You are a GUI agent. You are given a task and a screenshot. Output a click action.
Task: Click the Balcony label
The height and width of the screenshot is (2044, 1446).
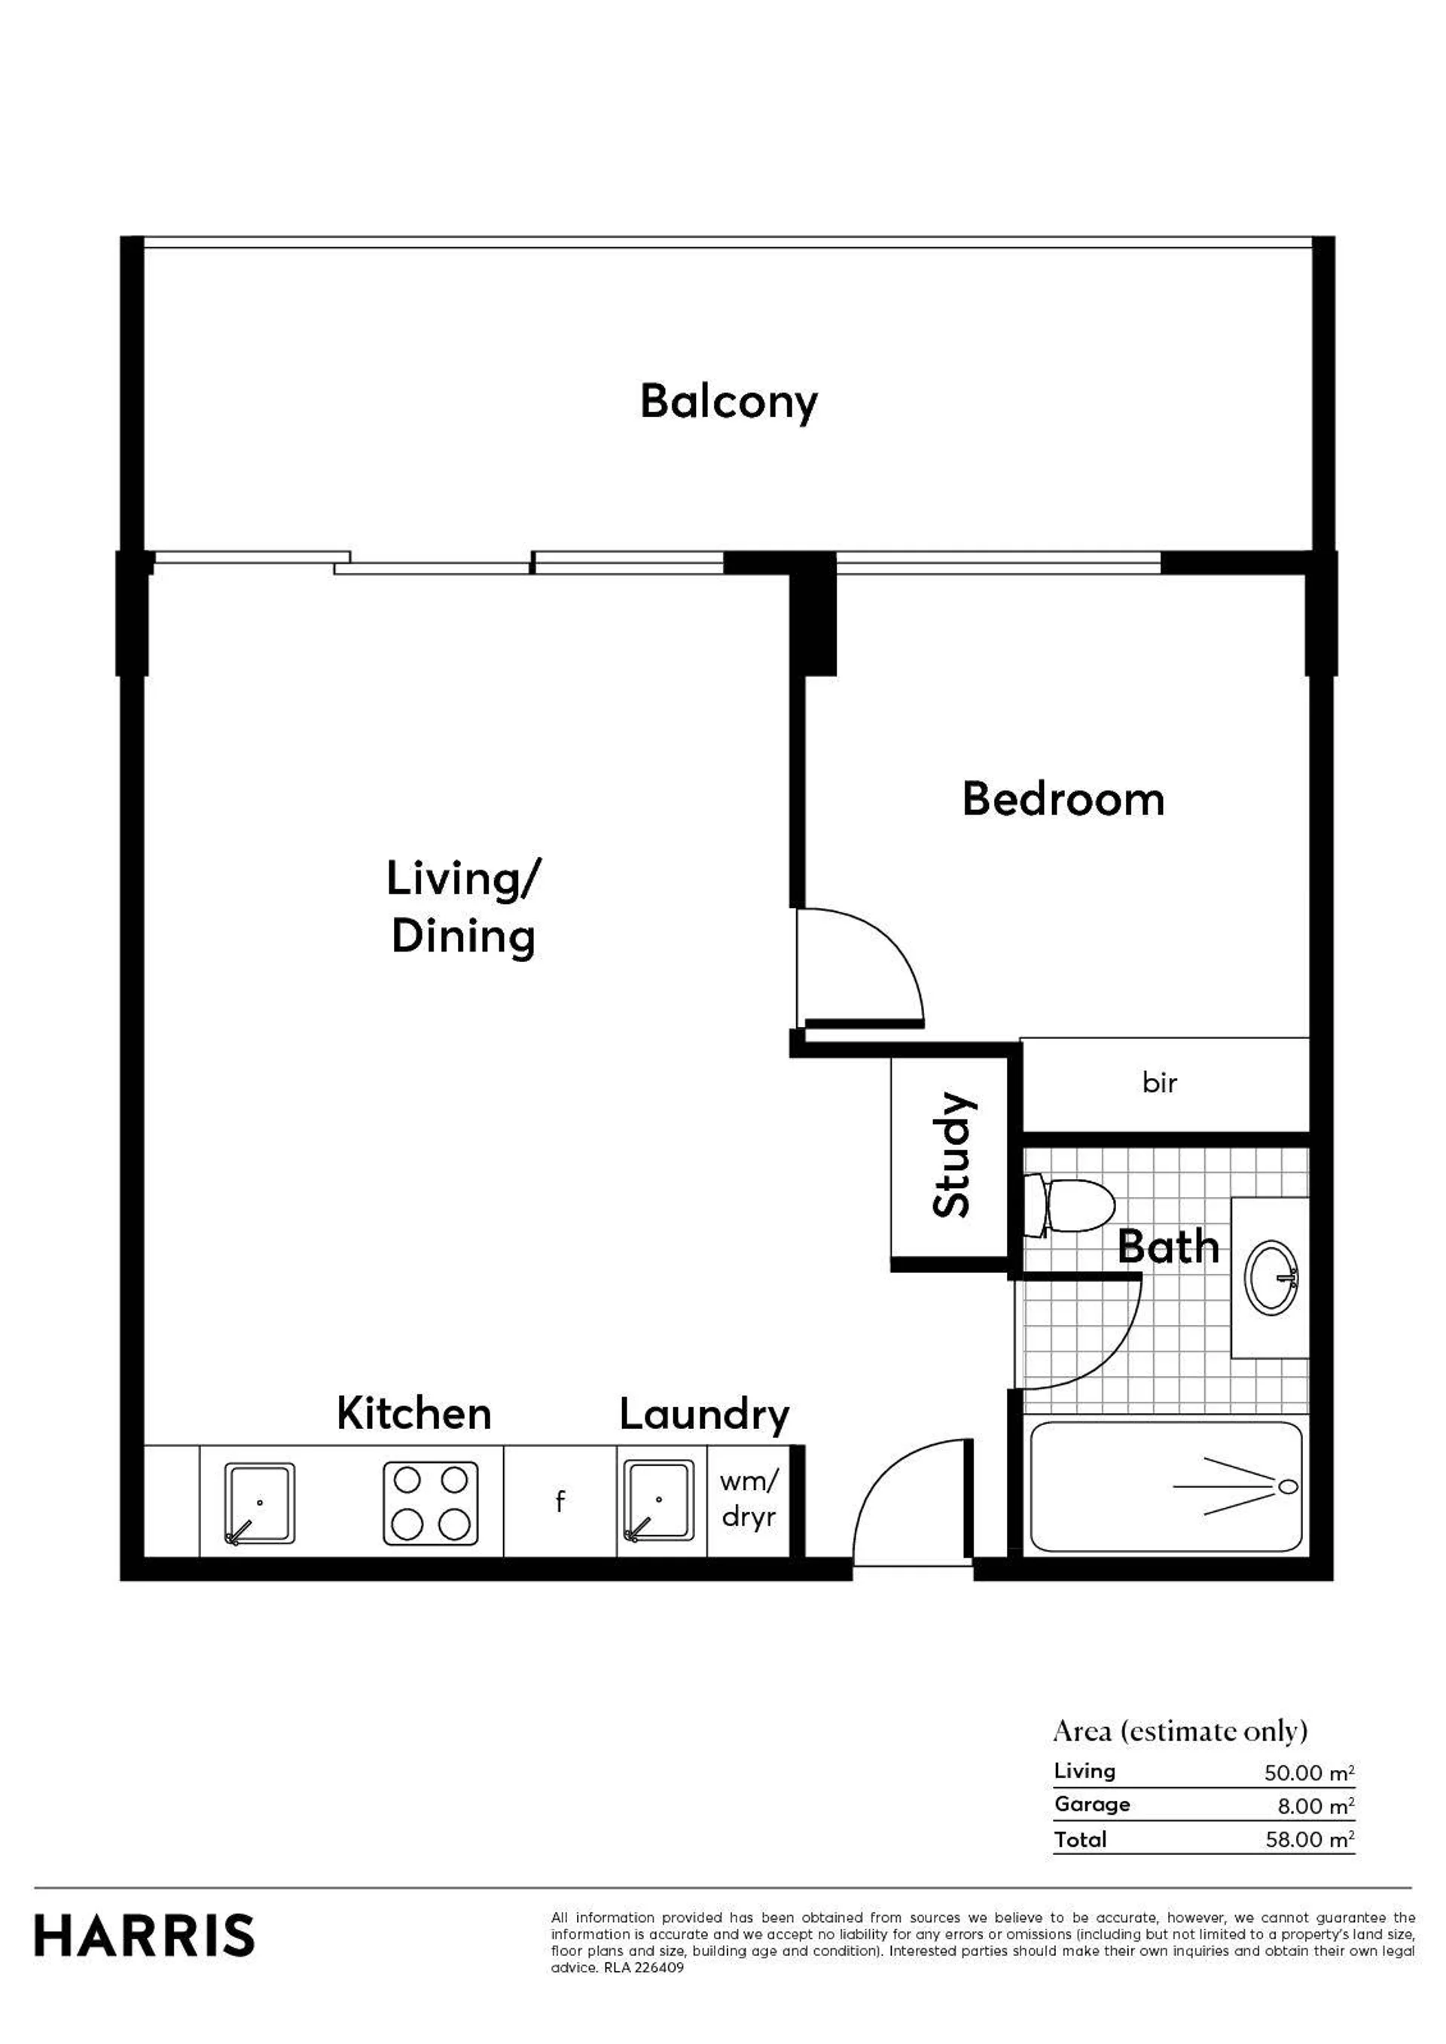tap(728, 402)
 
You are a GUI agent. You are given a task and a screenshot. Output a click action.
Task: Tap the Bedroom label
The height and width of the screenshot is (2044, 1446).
tap(1063, 799)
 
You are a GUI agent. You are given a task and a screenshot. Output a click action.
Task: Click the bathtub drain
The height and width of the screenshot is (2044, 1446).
tap(1288, 1486)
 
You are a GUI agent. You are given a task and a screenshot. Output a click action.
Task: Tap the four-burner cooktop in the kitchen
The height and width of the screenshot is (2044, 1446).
tap(431, 1503)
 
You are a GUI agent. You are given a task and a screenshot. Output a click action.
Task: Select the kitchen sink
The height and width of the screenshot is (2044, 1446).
tap(259, 1503)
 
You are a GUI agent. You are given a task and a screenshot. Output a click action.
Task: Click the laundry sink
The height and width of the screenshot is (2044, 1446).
tap(659, 1501)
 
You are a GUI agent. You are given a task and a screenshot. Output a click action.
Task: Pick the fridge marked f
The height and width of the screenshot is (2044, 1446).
tap(560, 1502)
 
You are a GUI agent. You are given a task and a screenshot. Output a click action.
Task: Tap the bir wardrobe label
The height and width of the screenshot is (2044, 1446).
tap(1159, 1083)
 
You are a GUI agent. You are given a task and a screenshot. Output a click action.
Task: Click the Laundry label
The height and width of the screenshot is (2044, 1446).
tap(704, 1415)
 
